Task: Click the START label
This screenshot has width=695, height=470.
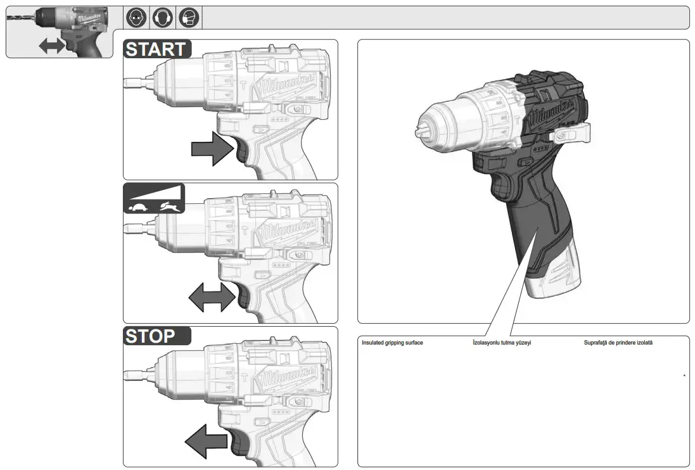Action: (x=156, y=49)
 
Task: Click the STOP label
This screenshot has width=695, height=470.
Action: (x=150, y=336)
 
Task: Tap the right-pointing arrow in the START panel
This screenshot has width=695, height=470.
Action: (x=212, y=150)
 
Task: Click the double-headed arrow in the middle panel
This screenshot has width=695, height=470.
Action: (x=212, y=296)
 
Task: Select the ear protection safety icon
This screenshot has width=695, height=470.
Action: (x=162, y=17)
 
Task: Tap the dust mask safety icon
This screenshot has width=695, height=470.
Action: (x=188, y=17)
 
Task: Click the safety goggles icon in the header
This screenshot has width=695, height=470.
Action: (x=136, y=17)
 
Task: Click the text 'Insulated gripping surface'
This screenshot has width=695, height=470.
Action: (x=392, y=343)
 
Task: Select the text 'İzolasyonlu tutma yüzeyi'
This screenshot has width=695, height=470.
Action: (x=502, y=343)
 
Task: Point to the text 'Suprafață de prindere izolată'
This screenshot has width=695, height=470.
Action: (x=618, y=343)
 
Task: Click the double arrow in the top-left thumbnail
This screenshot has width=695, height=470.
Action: (x=52, y=45)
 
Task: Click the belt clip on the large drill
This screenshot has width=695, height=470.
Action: (x=574, y=132)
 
